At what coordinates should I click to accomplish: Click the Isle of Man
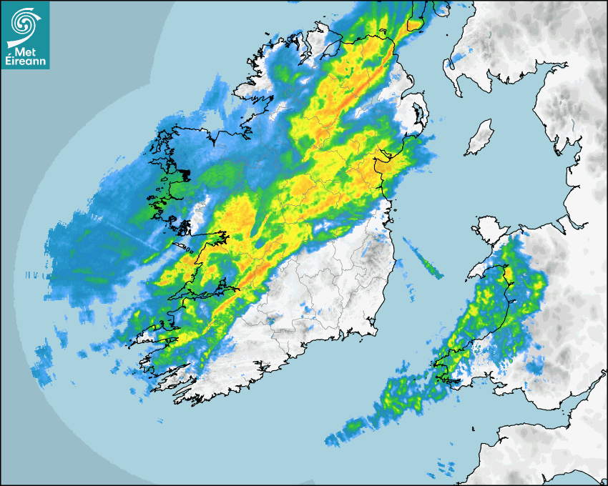pos(480,138)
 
